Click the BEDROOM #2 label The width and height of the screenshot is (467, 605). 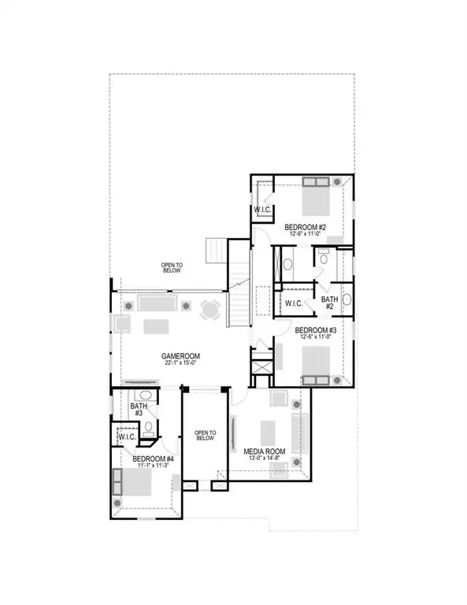[x=306, y=227]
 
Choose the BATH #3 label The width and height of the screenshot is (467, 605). [x=137, y=409]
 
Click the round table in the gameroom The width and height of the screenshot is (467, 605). [x=209, y=310]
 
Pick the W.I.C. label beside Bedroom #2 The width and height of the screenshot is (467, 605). [x=262, y=210]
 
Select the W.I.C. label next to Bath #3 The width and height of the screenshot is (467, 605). [x=126, y=436]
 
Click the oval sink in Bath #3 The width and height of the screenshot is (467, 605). [x=145, y=395]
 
